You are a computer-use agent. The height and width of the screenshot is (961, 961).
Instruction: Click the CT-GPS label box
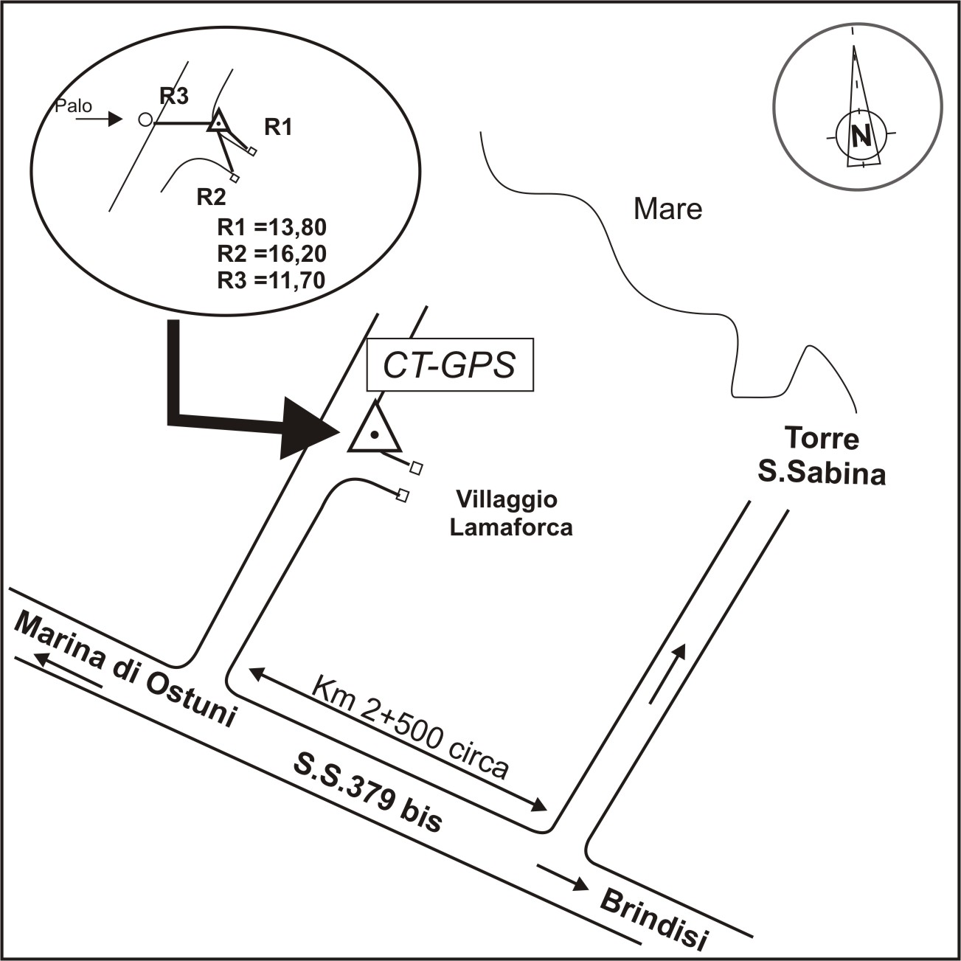(x=449, y=365)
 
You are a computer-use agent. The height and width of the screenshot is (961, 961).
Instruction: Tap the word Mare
(x=667, y=209)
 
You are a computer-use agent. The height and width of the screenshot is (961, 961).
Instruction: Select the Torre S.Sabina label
(x=822, y=456)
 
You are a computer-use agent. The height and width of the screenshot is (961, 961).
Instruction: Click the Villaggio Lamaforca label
(x=510, y=513)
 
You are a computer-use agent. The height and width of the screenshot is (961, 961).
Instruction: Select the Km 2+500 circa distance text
(x=410, y=726)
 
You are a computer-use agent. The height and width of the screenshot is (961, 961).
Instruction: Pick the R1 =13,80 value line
(x=271, y=227)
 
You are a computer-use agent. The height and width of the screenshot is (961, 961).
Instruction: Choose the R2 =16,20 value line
(x=271, y=254)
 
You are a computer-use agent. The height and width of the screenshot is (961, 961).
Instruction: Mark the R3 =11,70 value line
(x=271, y=280)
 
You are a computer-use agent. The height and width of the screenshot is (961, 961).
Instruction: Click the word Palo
(x=74, y=106)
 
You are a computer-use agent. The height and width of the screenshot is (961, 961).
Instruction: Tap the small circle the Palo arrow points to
(x=145, y=119)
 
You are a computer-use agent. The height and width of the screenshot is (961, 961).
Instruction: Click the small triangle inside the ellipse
(x=218, y=122)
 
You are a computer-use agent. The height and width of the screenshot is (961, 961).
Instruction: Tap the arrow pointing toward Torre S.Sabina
(x=668, y=673)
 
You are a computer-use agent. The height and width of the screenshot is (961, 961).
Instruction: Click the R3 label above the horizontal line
(x=174, y=95)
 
